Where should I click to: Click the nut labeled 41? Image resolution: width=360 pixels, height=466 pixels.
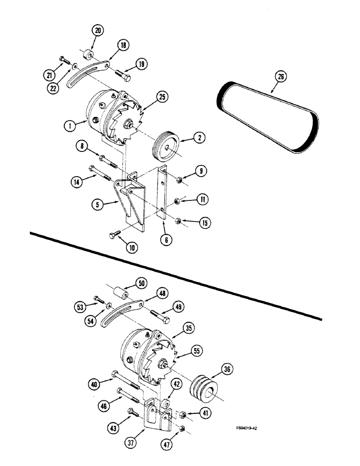pyautogui.click(x=183, y=413)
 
